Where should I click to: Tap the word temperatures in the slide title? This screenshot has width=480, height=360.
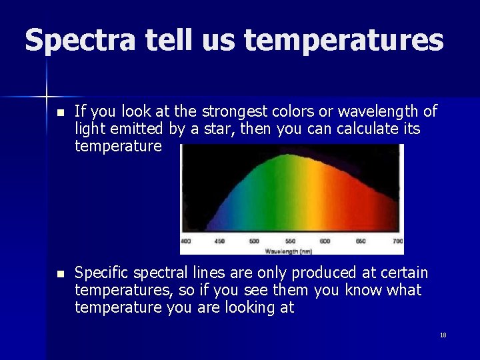click(x=343, y=41)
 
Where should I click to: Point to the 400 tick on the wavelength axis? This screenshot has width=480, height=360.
click(x=185, y=241)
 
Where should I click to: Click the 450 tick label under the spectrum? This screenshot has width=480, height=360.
click(x=219, y=241)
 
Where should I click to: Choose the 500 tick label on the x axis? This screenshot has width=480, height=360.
click(x=255, y=241)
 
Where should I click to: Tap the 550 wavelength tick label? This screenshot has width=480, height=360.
click(x=290, y=241)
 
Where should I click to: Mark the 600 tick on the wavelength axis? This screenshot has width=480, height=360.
click(x=325, y=241)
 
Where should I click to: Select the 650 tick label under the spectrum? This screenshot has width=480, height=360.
click(x=360, y=241)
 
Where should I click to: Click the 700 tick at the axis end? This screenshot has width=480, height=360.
click(x=397, y=241)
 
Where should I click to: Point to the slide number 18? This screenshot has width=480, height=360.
click(x=443, y=335)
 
